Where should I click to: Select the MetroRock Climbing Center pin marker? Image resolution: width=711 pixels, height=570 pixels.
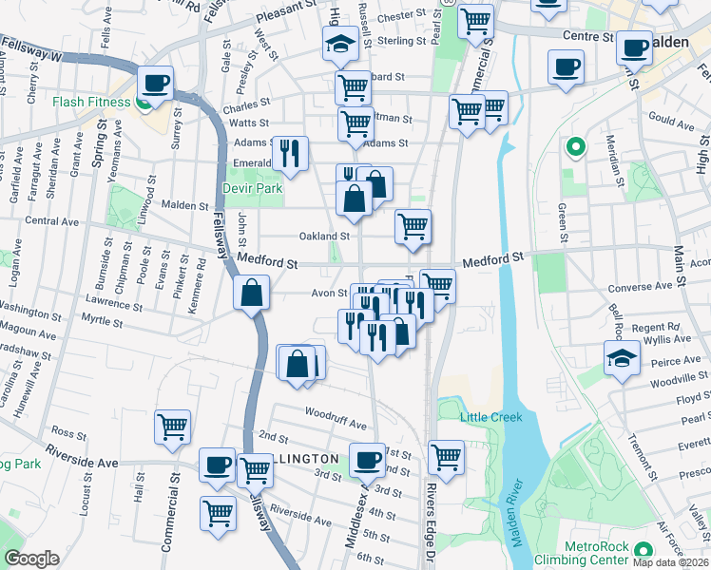644,550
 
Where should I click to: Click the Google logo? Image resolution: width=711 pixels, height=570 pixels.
31,559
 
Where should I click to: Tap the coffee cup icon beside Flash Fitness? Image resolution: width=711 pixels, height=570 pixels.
155,83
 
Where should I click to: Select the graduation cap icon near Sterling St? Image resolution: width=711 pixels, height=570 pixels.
339,43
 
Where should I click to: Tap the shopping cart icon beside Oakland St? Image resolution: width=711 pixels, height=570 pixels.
413,226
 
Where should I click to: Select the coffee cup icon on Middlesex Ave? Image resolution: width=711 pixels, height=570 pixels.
367,461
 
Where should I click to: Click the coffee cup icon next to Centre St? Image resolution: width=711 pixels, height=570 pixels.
633,47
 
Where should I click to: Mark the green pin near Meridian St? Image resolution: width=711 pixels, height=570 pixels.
574,147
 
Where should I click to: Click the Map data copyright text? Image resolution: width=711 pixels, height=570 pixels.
669,561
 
